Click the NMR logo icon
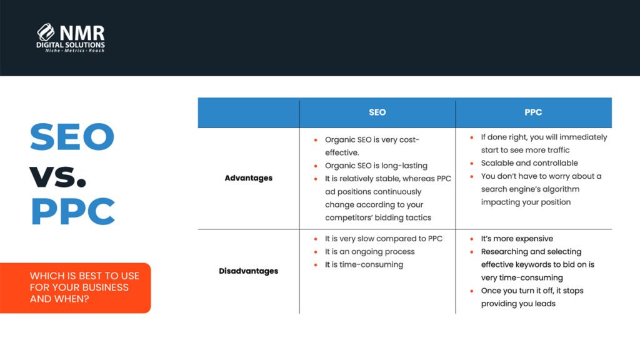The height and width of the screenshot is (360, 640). pos(46,32)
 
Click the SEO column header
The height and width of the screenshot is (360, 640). pos(377,112)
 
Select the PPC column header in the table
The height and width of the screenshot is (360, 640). pos(533,112)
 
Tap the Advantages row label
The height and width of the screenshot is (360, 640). pos(249,178)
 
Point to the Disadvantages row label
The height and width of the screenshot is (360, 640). pos(249,271)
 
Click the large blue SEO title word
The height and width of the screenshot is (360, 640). pos(72,137)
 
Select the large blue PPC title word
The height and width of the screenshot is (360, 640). pos(72,212)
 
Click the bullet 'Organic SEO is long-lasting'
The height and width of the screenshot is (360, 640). pos(376,166)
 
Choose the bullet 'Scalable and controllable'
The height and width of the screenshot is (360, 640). pos(521,163)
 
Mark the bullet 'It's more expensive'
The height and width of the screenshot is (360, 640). pos(517,239)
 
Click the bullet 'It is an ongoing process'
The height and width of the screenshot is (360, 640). pos(369,251)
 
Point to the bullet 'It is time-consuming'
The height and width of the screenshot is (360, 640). pos(364,264)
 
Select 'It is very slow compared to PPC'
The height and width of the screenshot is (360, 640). pos(383,239)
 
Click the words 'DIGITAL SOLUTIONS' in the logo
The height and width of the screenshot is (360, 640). pos(71,45)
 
